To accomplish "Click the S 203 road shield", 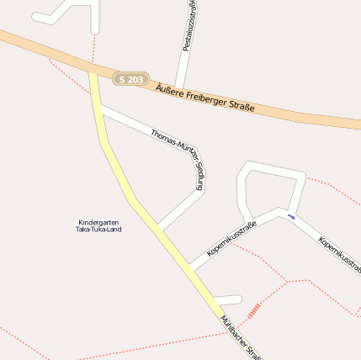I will pyautogui.click(x=130, y=78).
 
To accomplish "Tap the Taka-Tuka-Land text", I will pyautogui.click(x=98, y=229).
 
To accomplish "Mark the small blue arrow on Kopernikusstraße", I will pyautogui.click(x=291, y=217).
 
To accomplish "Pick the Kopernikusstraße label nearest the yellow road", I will pyautogui.click(x=231, y=239).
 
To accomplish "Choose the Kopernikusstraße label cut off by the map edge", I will pyautogui.click(x=340, y=254).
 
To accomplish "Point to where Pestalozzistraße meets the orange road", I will pyautogui.click(x=183, y=82).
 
